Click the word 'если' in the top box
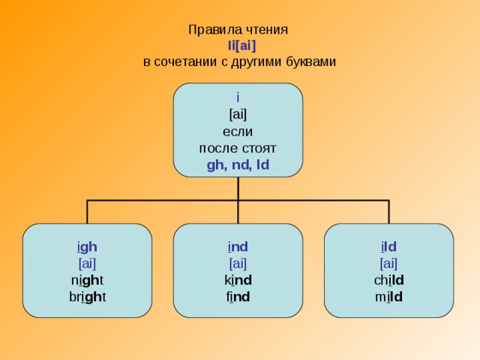(x=238, y=130)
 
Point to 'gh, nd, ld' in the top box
(x=238, y=164)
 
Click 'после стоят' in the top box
(x=238, y=147)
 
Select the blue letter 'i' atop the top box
(x=238, y=97)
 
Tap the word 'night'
(x=87, y=280)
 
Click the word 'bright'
(x=87, y=296)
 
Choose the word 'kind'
(x=238, y=280)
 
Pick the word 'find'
(x=238, y=296)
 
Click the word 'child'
(x=388, y=280)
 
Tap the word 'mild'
(x=388, y=296)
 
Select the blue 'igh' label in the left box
(x=87, y=246)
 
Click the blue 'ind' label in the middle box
(x=238, y=246)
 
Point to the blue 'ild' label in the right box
(x=388, y=246)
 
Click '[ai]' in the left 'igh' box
(x=87, y=262)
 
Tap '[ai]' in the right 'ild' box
(x=388, y=262)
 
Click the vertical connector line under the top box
(x=238, y=189)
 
